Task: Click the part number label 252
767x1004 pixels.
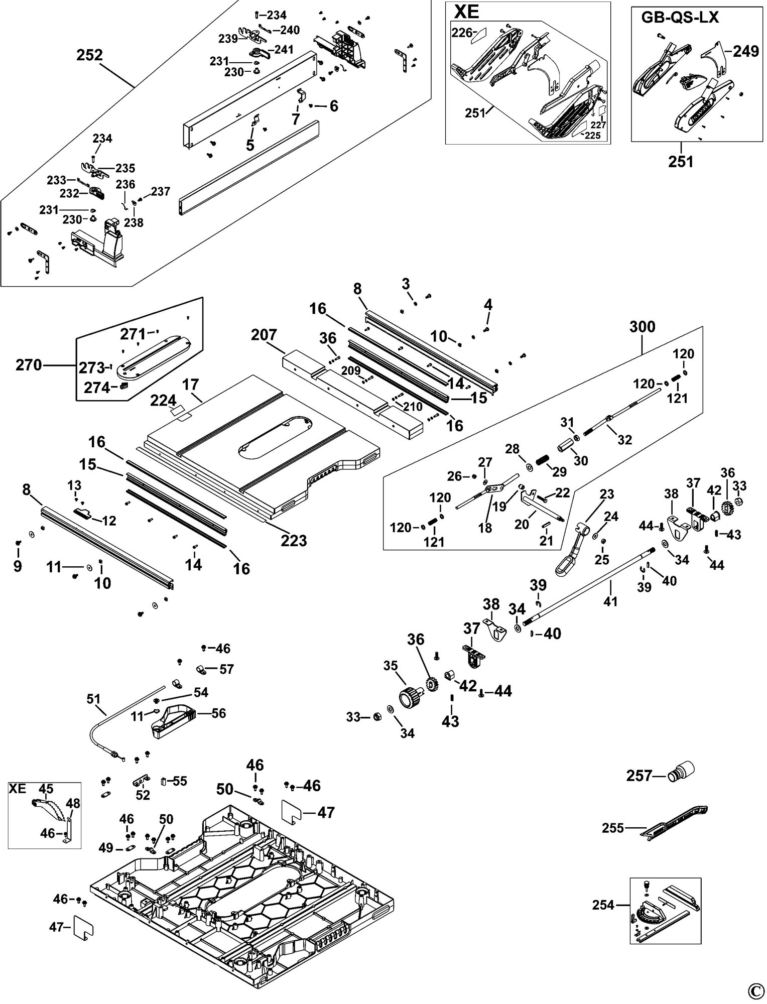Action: pos(89,55)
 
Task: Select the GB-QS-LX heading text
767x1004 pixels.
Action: pos(680,18)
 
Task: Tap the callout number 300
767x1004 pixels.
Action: pos(643,327)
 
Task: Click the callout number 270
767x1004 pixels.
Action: pos(29,365)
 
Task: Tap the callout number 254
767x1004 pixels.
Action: pos(603,905)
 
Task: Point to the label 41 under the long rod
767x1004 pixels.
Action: pos(610,601)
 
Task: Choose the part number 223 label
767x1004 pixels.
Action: pos(294,540)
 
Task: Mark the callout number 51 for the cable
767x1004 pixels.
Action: pos(93,698)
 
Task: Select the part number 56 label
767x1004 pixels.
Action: pos(219,713)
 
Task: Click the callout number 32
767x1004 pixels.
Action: pos(624,439)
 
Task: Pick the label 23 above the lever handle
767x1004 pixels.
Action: pos(607,494)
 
